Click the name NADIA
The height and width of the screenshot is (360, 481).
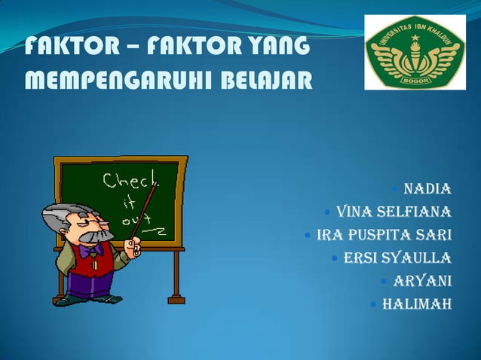click(x=427, y=188)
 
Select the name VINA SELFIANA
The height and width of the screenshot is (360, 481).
click(x=394, y=210)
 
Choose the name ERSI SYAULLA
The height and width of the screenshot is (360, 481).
click(x=397, y=258)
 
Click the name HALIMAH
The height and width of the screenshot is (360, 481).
click(x=417, y=305)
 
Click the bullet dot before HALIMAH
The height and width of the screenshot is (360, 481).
click(x=374, y=306)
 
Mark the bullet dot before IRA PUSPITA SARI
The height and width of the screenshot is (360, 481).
click(x=307, y=235)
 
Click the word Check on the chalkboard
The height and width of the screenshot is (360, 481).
click(x=130, y=181)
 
